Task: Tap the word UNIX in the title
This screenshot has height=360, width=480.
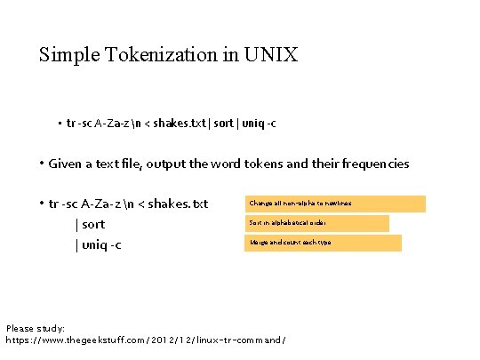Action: pyautogui.click(x=271, y=55)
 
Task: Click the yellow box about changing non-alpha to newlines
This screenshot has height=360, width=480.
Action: pyautogui.click(x=336, y=204)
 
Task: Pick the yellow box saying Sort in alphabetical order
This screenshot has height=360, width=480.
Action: pyautogui.click(x=317, y=223)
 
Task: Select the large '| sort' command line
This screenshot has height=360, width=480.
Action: pyautogui.click(x=90, y=224)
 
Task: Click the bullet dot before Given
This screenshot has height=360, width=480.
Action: pyautogui.click(x=42, y=164)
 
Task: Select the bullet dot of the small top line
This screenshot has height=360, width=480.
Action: pyautogui.click(x=59, y=124)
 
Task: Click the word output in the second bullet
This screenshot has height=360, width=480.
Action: pyautogui.click(x=165, y=164)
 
